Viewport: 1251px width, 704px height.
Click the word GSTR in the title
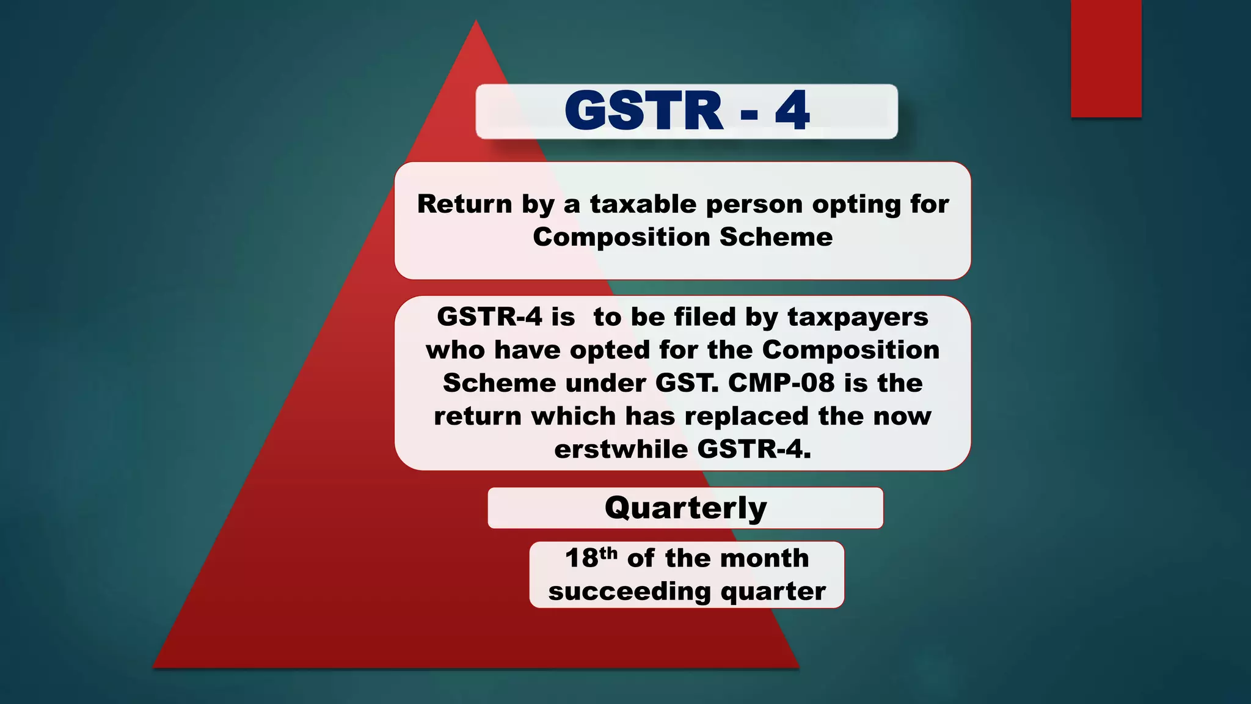pos(644,111)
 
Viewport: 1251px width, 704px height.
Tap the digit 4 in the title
pos(792,111)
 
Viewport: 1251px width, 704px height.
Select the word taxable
pos(643,204)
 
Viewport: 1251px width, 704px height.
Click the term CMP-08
pos(781,383)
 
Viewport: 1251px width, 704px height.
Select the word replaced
pos(746,417)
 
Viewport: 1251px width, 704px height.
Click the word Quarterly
pos(685,508)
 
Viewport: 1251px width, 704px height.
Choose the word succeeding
pos(629,592)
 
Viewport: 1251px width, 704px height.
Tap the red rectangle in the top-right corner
pos(1106,59)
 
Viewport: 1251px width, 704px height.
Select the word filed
pos(704,317)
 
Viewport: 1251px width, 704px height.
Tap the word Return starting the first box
pos(464,204)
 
